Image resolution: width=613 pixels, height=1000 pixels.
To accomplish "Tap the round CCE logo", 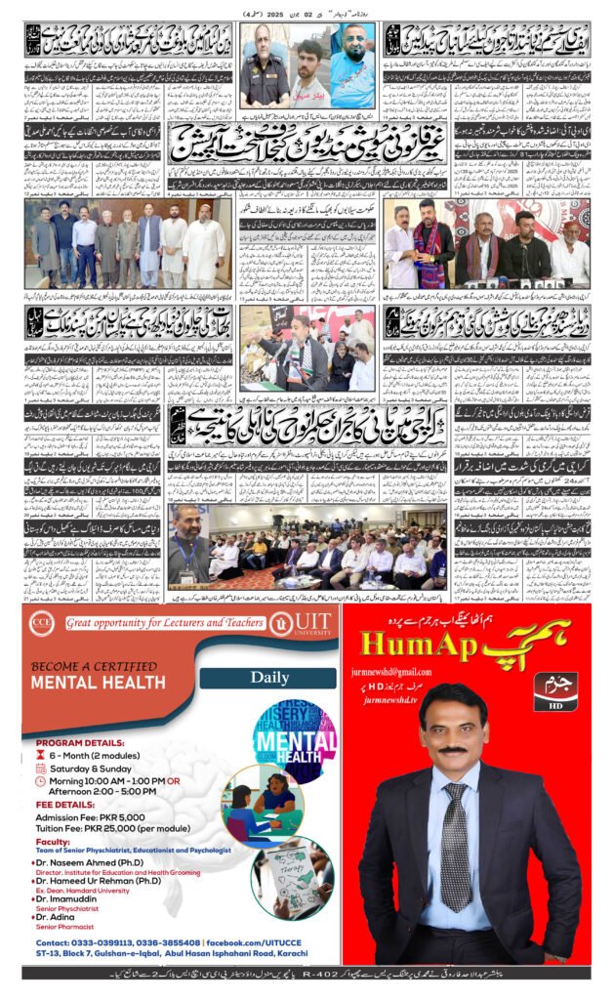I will pyautogui.click(x=40, y=622).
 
